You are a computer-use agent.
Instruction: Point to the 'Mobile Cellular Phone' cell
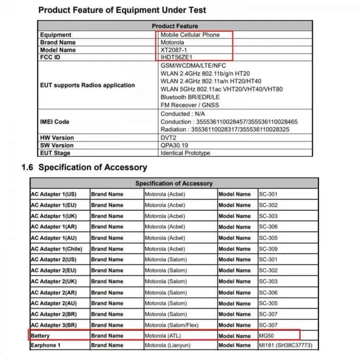coord(190,35)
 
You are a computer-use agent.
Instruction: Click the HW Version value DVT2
coord(168,137)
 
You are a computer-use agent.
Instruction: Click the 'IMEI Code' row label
coord(54,121)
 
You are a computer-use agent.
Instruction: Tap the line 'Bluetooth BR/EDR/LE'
coord(190,96)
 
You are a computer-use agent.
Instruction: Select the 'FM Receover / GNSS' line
coord(189,105)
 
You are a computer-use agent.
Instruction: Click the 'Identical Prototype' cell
coord(185,153)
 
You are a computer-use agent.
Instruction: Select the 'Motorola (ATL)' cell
coord(164,335)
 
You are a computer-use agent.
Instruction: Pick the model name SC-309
coord(268,249)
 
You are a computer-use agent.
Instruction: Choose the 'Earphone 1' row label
coord(45,345)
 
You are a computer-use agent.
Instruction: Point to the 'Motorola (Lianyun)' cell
coord(169,345)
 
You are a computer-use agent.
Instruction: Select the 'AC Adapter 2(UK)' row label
coord(53,281)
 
